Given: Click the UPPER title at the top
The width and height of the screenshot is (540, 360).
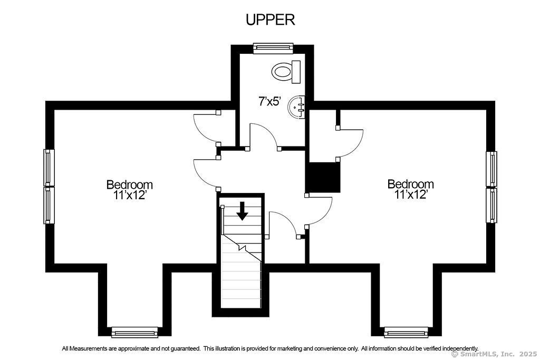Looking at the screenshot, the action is click(x=271, y=20).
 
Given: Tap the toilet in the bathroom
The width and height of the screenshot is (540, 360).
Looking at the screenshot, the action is click(x=286, y=72).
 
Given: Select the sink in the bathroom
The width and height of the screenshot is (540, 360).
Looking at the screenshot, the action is click(x=297, y=108).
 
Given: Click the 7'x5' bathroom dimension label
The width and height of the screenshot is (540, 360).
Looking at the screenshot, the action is click(x=270, y=101).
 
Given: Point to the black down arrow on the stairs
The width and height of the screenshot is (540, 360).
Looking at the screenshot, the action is click(x=243, y=211).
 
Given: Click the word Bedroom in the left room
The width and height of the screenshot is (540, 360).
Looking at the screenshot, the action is click(x=130, y=184).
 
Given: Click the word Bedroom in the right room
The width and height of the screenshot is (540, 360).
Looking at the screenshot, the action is click(x=410, y=184).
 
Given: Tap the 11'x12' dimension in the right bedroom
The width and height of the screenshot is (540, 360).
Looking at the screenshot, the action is click(x=411, y=194).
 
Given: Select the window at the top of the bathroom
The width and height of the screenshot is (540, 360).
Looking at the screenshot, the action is click(x=273, y=48).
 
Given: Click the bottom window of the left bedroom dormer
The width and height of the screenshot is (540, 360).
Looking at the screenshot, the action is click(x=134, y=332).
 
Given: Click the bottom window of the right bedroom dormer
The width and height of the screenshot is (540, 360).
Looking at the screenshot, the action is click(x=406, y=332).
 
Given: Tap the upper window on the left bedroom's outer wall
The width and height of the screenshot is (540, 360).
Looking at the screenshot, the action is click(x=49, y=168).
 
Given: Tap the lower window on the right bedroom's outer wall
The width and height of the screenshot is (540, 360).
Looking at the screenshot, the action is click(x=491, y=205).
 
